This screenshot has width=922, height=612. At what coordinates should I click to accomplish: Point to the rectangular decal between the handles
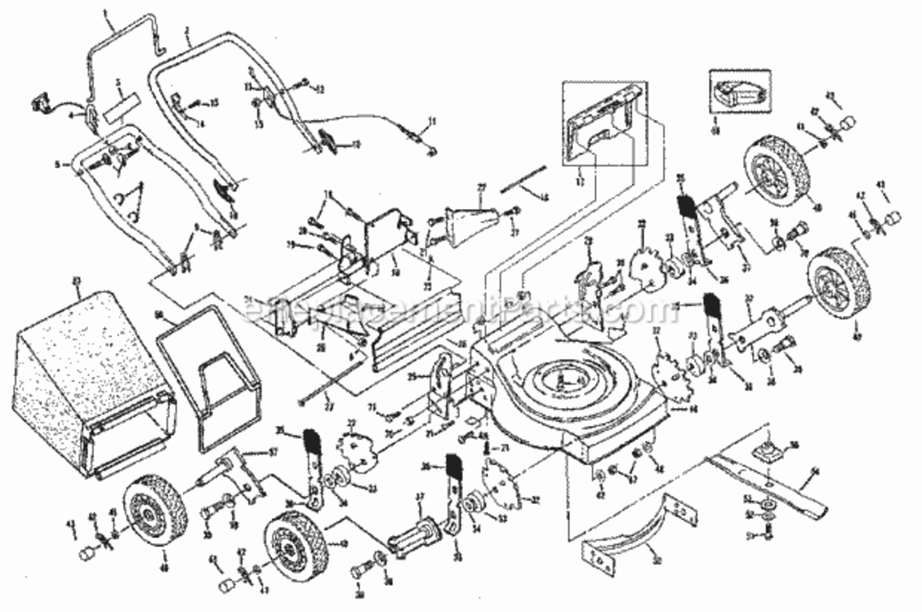pyautogui.click(x=122, y=106)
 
